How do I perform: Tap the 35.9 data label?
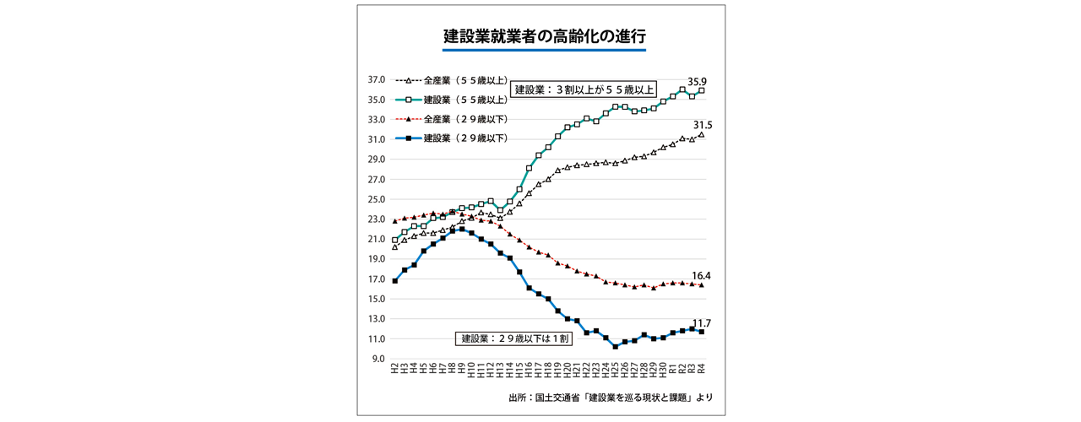pyautogui.click(x=698, y=81)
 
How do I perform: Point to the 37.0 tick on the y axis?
pyautogui.click(x=377, y=80)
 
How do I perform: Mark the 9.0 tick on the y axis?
pyautogui.click(x=379, y=359)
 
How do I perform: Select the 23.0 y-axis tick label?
pyautogui.click(x=377, y=219)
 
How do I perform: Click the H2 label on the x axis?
pyautogui.click(x=395, y=371)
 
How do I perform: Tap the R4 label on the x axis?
pyautogui.click(x=702, y=371)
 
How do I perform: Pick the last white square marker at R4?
pyautogui.click(x=702, y=90)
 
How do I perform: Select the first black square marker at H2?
pyautogui.click(x=395, y=280)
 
